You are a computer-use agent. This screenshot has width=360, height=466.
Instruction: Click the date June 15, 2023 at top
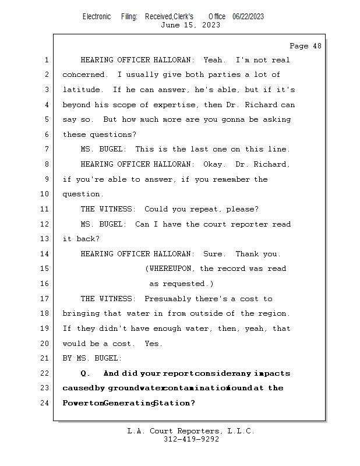tap(190, 25)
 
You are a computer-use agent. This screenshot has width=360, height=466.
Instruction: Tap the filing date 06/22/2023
tap(248, 16)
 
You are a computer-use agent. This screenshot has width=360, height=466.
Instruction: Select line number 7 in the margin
tap(46, 150)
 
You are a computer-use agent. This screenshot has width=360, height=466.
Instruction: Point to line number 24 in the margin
tap(46, 403)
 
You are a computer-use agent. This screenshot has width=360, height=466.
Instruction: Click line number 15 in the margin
tap(46, 269)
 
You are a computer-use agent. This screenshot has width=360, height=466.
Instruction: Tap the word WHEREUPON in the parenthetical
tap(173, 269)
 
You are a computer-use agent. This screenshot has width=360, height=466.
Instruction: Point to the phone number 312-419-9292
tap(191, 440)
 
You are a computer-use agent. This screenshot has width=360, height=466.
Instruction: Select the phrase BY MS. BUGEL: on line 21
tap(93, 358)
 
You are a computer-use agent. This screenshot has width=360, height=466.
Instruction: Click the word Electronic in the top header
tap(97, 16)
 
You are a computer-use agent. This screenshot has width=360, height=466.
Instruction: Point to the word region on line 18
tap(274, 314)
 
